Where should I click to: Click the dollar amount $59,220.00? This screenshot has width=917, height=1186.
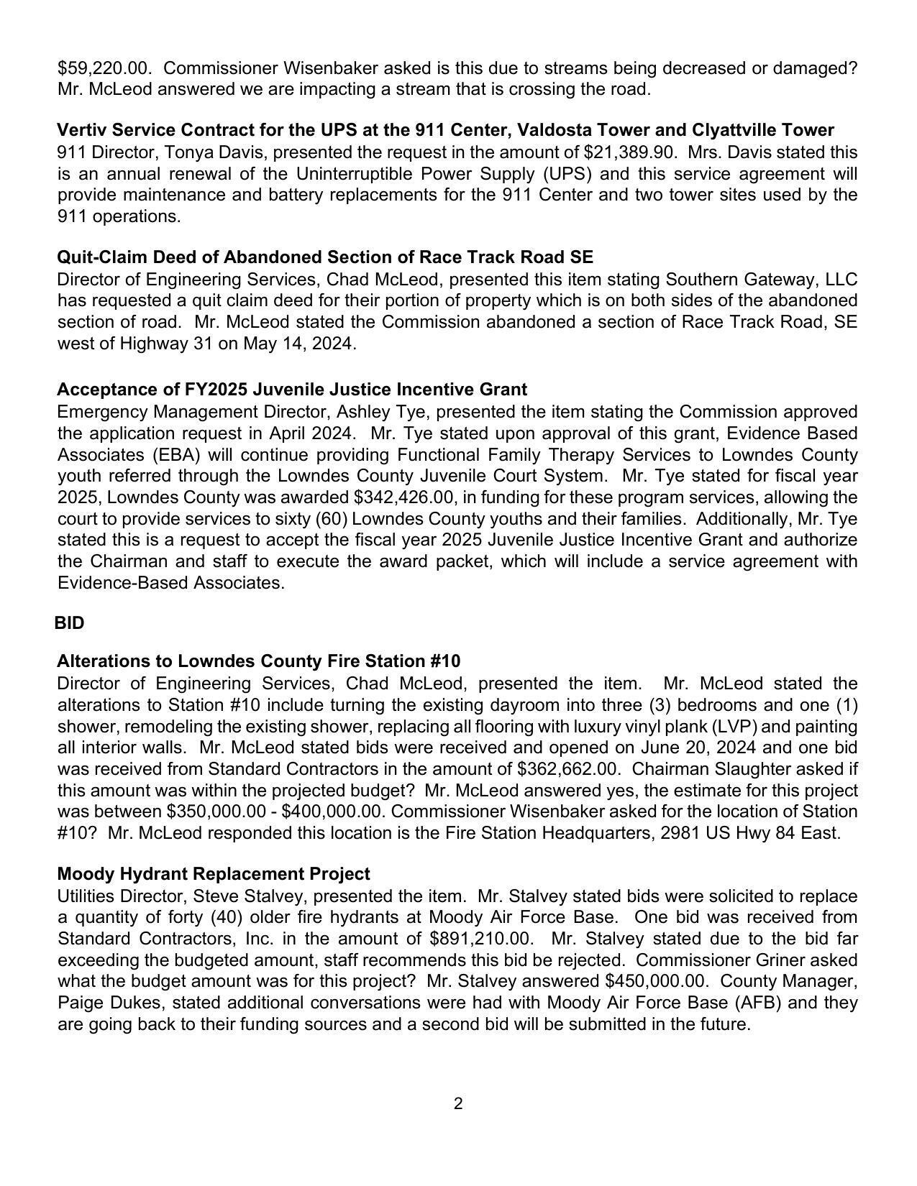104,68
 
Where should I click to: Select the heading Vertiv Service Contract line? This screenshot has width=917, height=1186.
445,130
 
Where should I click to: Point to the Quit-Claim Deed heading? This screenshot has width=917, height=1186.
325,257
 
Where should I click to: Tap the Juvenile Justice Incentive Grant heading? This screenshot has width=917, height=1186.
292,390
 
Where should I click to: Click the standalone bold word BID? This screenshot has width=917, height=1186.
70,623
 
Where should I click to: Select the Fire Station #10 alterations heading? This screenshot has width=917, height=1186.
259,661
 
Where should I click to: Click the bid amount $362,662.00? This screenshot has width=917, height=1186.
567,769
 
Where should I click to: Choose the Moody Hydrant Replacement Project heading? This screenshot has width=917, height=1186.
214,874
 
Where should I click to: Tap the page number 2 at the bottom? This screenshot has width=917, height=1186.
458,1104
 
